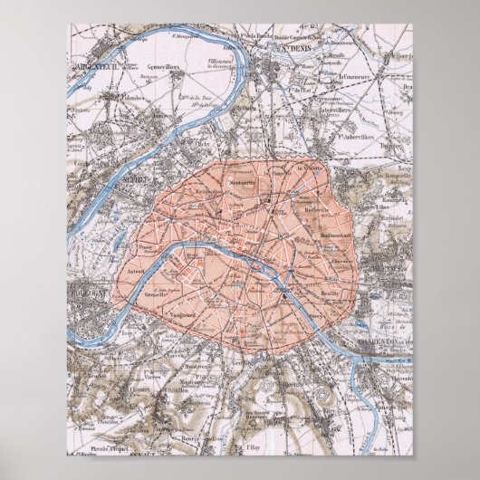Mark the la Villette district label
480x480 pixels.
click(310, 168)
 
